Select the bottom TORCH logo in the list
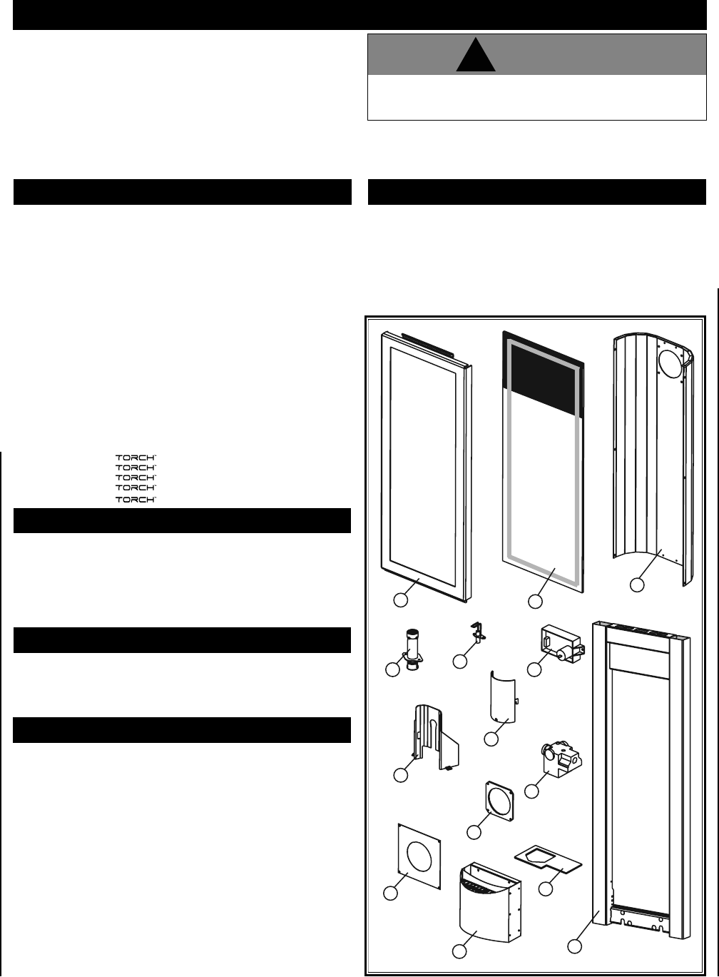(136, 500)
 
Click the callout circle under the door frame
(402, 600)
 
